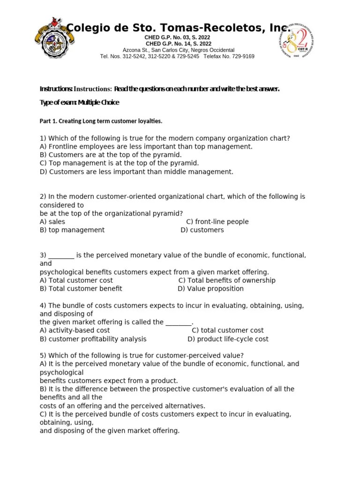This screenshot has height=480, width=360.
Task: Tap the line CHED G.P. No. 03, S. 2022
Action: pos(178,37)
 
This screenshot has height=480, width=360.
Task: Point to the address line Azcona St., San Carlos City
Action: pos(179,50)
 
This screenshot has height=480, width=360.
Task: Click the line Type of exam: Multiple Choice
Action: pos(79,102)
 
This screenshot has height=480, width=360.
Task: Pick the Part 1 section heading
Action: pos(101,121)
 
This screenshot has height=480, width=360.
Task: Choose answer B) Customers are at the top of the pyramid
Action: pos(111,155)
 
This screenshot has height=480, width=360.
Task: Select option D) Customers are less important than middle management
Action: pos(136,172)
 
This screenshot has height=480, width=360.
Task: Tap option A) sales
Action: pos(52,222)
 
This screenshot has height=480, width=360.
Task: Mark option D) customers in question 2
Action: pos(202,230)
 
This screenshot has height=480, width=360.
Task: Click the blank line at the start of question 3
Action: pos(61,255)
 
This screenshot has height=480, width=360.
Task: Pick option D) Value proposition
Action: pos(210,289)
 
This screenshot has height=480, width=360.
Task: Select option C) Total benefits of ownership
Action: pos(227,280)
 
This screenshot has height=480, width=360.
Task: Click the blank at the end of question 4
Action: pos(179,322)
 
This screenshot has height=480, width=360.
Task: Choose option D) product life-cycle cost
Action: pos(228,339)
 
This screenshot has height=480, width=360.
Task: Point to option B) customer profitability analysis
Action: pos(93,339)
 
